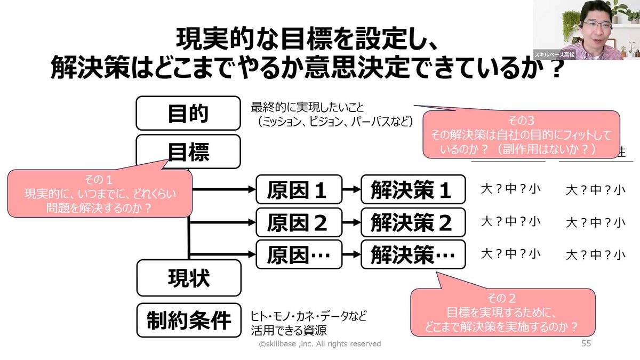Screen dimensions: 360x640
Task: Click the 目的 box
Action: click(188, 113)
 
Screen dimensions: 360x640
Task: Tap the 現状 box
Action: click(188, 277)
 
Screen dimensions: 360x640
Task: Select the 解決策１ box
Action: click(412, 189)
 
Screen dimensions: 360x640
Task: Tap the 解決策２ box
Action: click(412, 222)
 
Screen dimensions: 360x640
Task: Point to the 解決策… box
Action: click(412, 255)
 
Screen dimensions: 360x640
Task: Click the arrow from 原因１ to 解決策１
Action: click(350, 189)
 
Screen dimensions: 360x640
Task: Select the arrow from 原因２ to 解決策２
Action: click(350, 222)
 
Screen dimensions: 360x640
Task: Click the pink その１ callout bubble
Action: click(100, 193)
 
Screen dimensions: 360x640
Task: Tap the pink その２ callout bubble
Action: click(502, 312)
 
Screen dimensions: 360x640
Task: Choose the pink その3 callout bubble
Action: click(521, 134)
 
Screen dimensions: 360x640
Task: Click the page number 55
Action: click(586, 344)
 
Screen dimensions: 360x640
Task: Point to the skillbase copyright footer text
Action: click(320, 344)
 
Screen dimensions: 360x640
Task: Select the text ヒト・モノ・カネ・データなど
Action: click(309, 316)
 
